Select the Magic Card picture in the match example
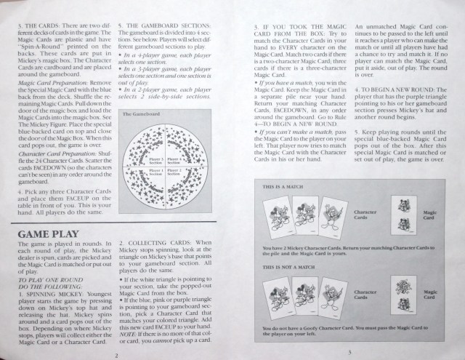pyautogui.click(x=404, y=215)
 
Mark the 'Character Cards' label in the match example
pyautogui.click(x=367, y=214)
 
